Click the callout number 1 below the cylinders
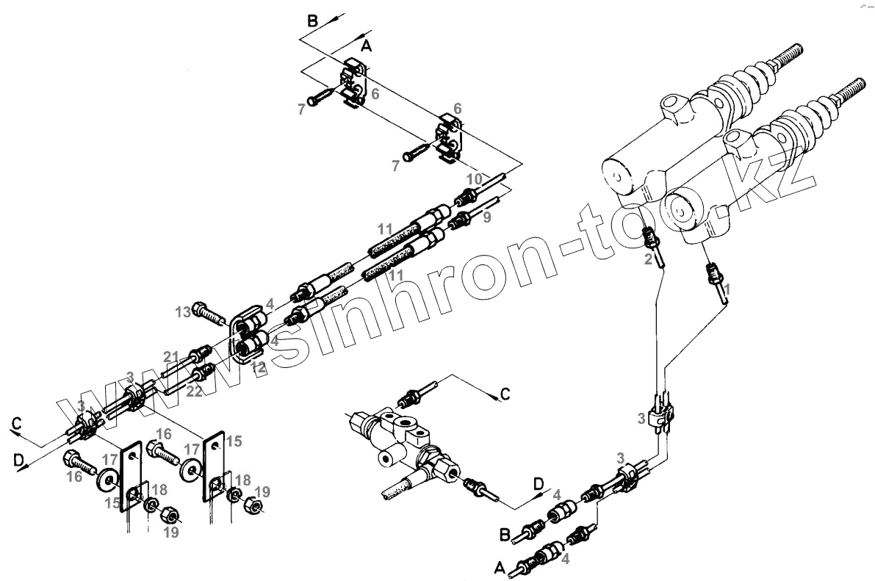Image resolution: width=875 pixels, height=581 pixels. point(727,291)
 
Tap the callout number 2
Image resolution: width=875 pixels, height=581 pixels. point(648,259)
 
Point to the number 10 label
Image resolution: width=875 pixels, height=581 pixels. point(474,179)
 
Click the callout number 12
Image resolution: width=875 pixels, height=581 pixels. point(258,367)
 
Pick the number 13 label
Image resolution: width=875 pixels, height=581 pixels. point(183,311)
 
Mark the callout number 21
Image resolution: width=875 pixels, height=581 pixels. point(170,357)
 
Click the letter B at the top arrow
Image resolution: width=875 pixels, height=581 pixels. point(313,21)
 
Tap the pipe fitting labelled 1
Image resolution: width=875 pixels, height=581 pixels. point(712,275)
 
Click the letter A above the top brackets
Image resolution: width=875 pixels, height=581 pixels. point(367,46)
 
